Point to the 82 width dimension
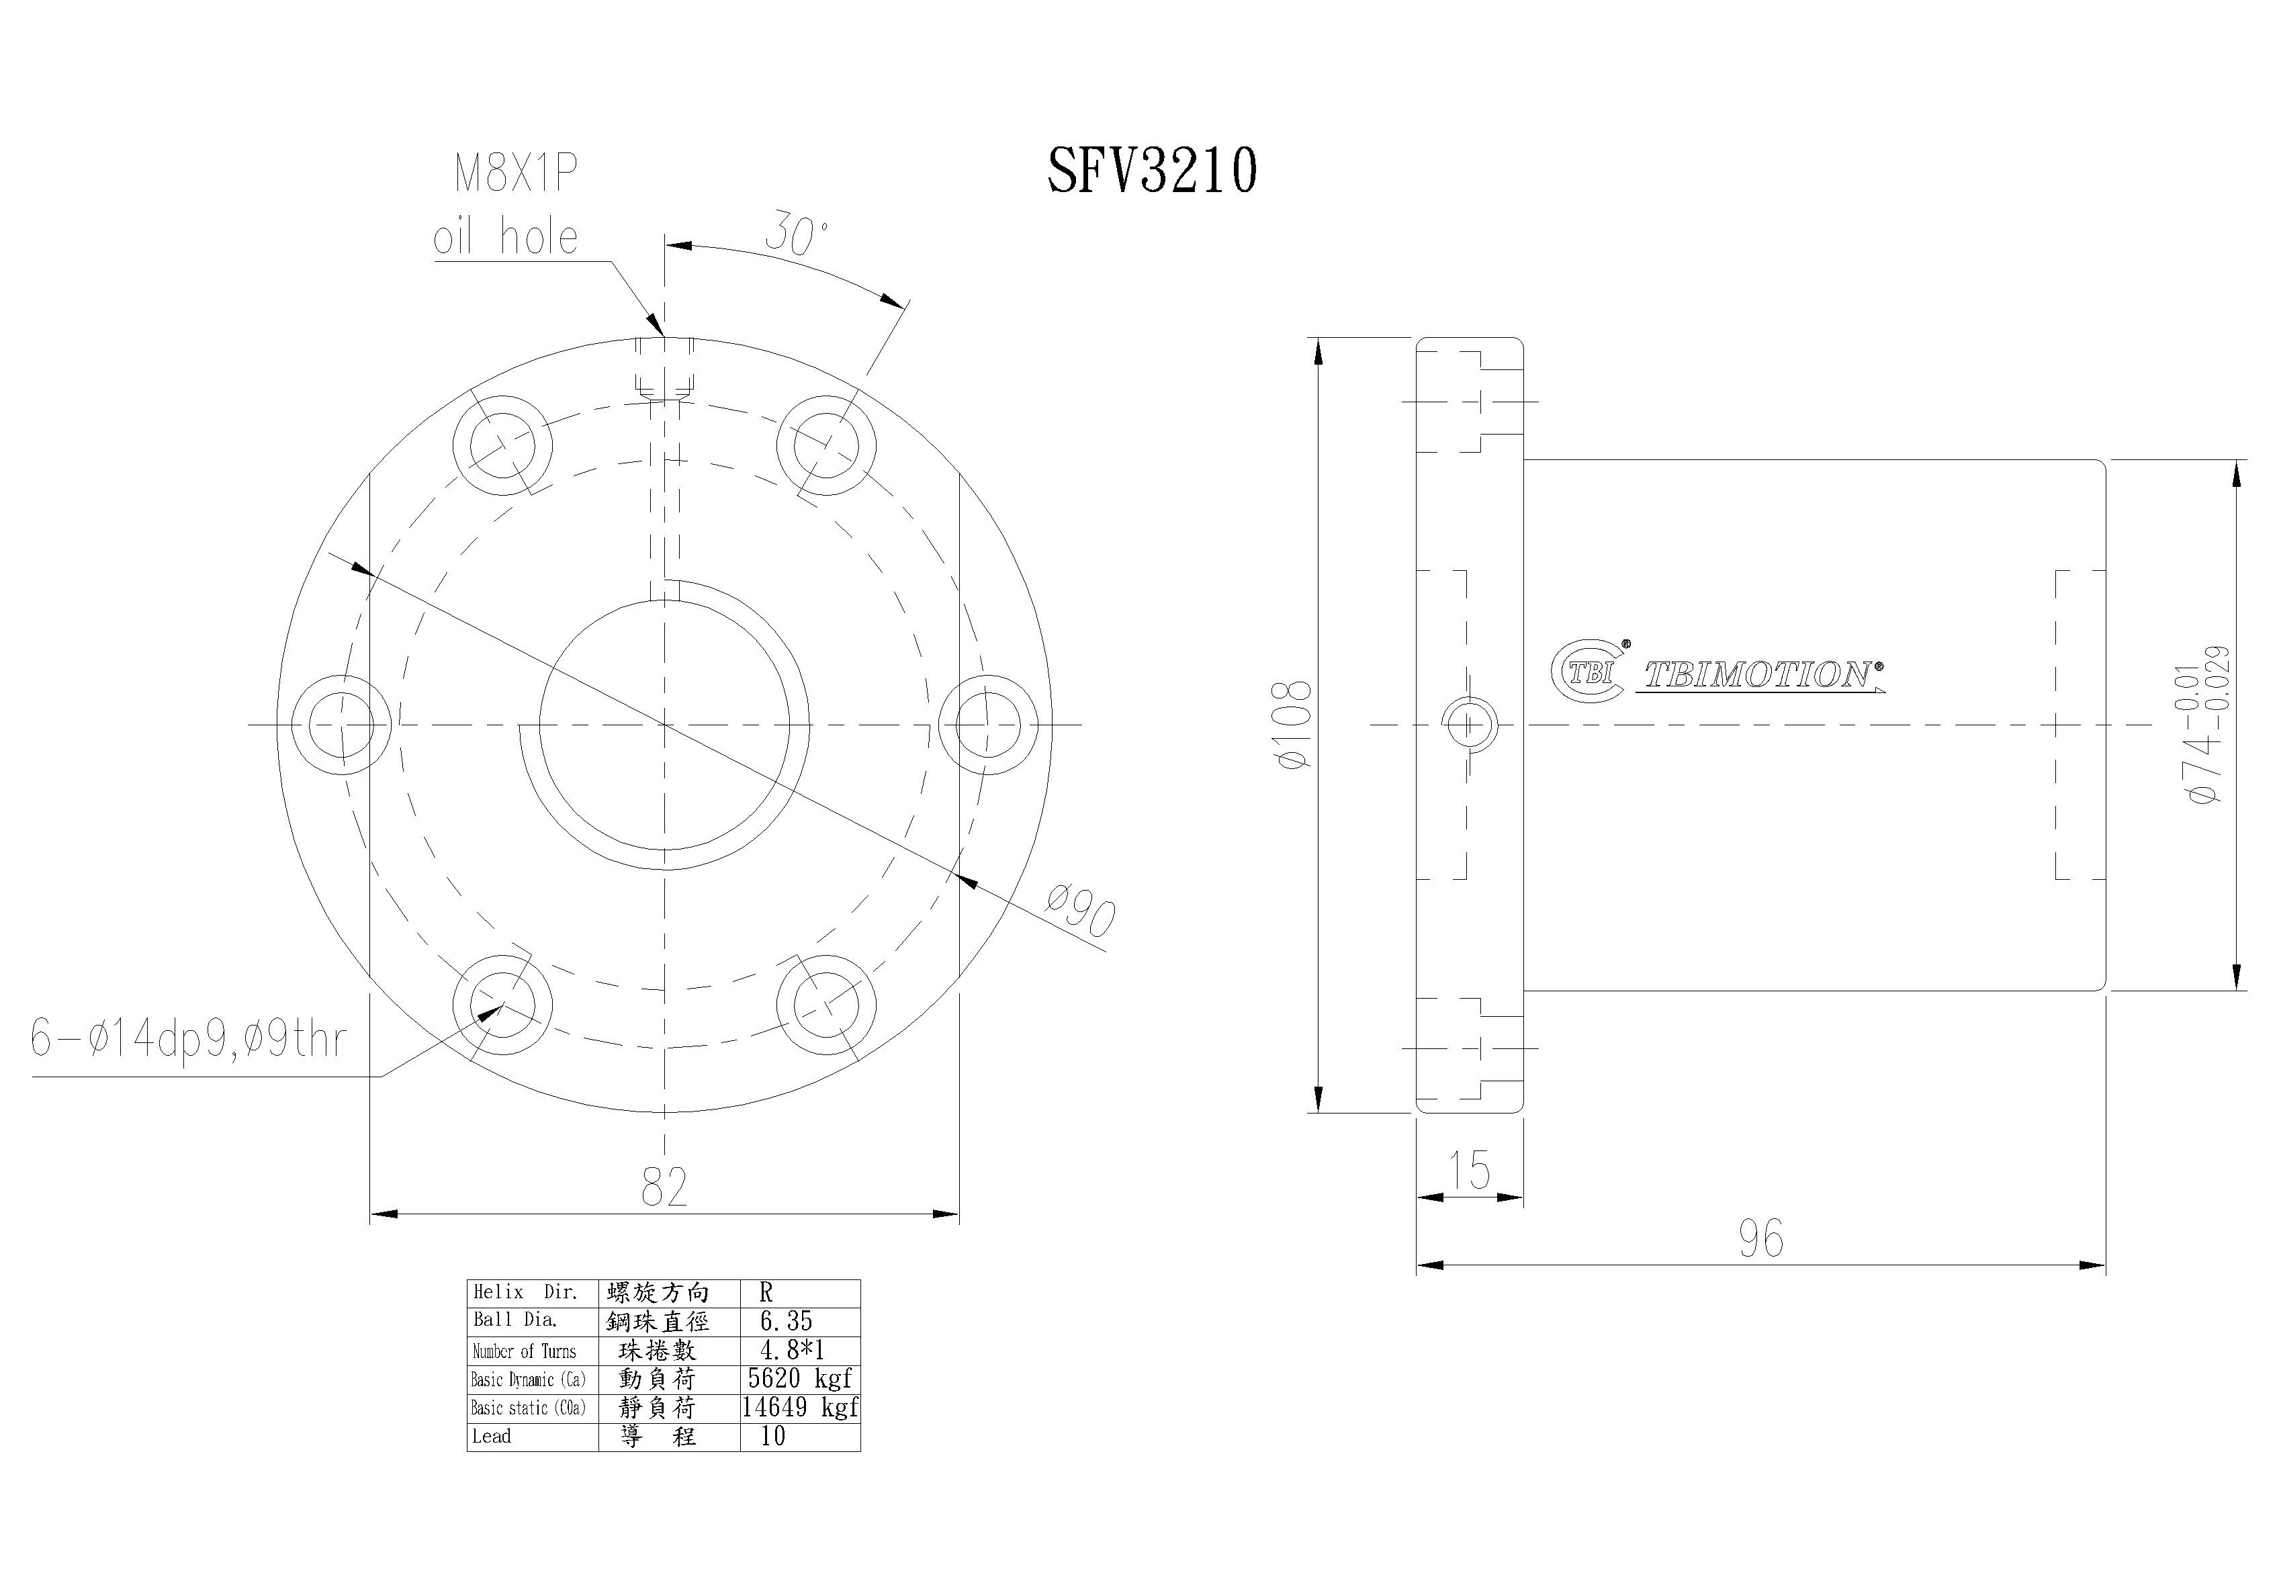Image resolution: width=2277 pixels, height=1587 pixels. click(x=664, y=1186)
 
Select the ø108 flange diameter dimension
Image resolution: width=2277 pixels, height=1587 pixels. click(x=1295, y=724)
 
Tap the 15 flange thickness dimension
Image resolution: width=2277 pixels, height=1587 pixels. click(x=1469, y=1171)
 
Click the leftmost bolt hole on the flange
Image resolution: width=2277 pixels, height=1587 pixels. click(x=342, y=724)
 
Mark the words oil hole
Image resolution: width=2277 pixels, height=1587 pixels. click(x=505, y=237)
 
